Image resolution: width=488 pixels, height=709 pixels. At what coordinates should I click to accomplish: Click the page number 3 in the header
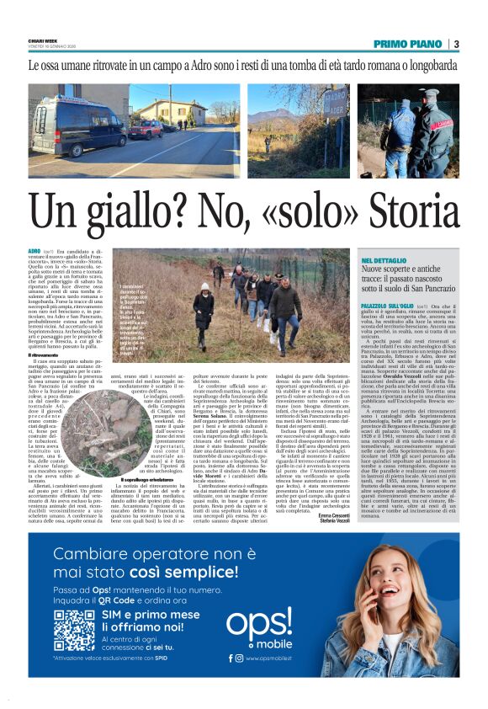click(456, 44)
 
